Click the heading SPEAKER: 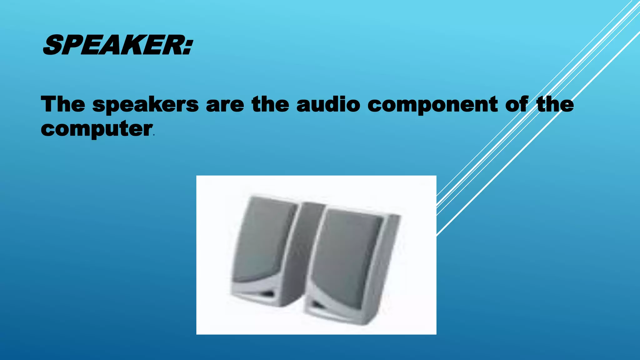(x=117, y=46)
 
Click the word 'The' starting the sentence (x=63, y=104)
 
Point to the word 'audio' (x=328, y=104)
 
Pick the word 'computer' (x=97, y=129)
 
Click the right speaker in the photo (x=350, y=266)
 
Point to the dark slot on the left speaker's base (x=267, y=294)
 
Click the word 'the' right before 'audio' (x=270, y=104)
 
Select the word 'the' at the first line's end (x=555, y=104)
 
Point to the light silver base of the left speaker (x=250, y=291)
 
